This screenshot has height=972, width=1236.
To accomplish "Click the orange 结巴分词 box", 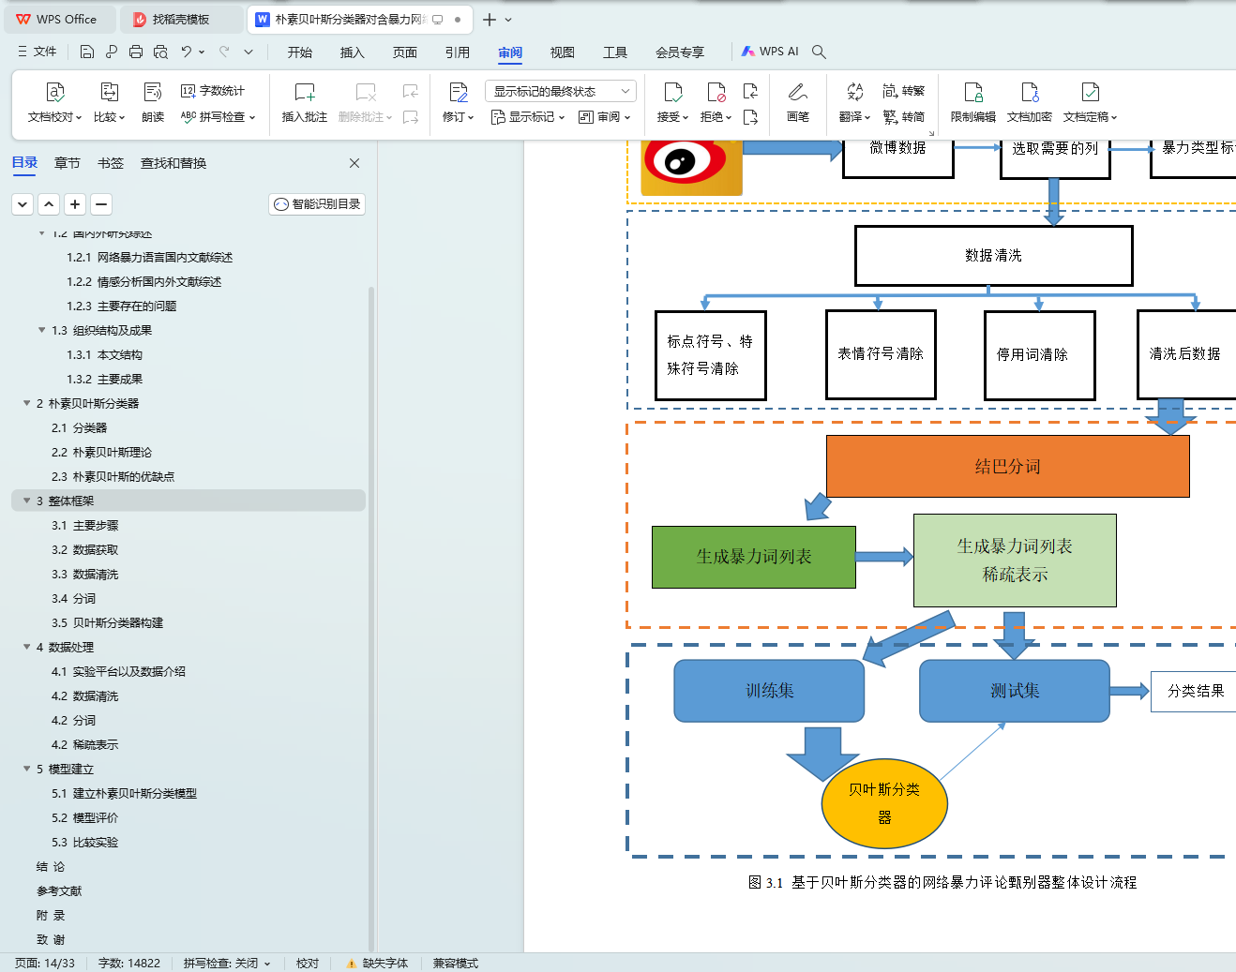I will click(x=1007, y=466).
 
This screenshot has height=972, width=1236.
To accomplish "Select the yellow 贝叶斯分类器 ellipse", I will click(x=884, y=803).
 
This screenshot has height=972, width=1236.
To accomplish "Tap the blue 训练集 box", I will click(x=769, y=691).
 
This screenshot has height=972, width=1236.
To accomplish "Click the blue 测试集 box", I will click(x=1015, y=691).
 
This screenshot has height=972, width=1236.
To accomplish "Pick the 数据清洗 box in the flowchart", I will click(x=993, y=255).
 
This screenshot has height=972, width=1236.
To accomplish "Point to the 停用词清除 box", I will click(x=1039, y=354).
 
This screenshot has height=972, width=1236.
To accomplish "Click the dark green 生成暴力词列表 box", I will click(x=754, y=557).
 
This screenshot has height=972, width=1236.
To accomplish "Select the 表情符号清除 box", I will click(x=881, y=353).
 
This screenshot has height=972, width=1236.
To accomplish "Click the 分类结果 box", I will click(x=1195, y=691).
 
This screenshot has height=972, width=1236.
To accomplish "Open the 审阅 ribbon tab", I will click(x=510, y=52).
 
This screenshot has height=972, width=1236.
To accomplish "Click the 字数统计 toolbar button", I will click(x=213, y=91).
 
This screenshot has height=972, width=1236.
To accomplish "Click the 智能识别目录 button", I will click(x=317, y=204).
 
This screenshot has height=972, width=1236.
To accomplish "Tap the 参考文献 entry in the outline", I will click(x=59, y=890).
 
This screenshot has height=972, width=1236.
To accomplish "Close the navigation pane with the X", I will click(x=354, y=163).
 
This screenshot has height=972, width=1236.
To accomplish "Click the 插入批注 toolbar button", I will click(x=305, y=102).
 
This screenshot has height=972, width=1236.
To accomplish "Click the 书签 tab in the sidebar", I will click(x=111, y=163).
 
